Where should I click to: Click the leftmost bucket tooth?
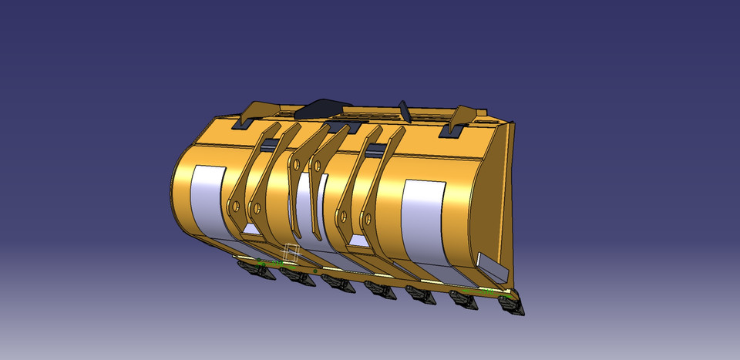point(250,268)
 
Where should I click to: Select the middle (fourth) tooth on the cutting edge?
point(378,290)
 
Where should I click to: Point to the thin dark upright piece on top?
point(402,109)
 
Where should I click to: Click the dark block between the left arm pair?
point(270,144)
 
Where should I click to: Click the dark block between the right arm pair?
point(376,149)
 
